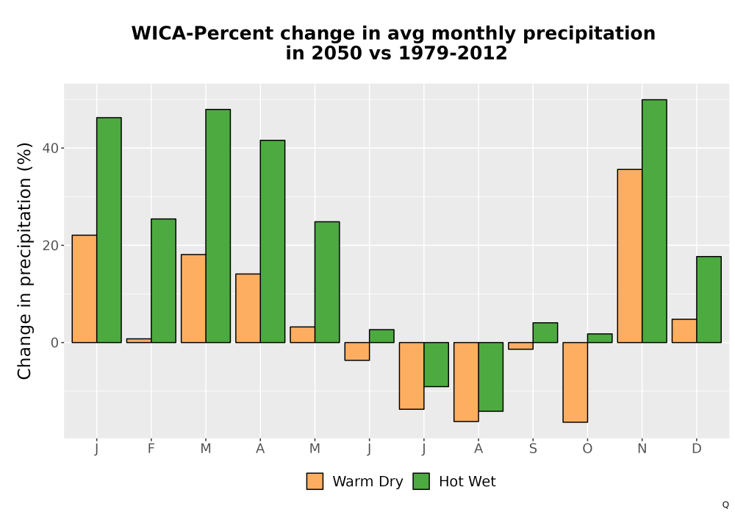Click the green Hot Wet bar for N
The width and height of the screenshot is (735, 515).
(x=654, y=221)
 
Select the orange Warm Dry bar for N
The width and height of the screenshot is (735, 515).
(x=630, y=255)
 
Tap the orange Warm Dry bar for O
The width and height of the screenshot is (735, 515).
(x=576, y=383)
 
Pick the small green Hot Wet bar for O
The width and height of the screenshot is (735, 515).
(x=600, y=338)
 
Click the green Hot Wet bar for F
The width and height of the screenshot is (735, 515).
(x=164, y=280)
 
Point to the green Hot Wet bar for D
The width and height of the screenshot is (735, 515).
(x=709, y=299)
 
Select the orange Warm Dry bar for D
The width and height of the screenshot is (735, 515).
(x=684, y=330)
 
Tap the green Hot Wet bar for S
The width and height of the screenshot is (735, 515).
(x=545, y=333)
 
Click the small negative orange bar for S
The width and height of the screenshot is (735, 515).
(x=521, y=346)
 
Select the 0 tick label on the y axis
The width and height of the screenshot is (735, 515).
(x=55, y=343)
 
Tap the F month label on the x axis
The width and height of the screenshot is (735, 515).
(x=151, y=449)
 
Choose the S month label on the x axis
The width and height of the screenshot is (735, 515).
(x=533, y=449)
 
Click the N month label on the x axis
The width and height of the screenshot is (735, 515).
(x=642, y=449)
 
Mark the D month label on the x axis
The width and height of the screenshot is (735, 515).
(x=697, y=449)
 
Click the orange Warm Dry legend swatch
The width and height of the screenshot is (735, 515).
(x=315, y=481)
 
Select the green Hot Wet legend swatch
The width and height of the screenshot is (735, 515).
(x=421, y=481)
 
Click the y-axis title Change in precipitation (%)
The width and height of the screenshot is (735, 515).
(x=24, y=260)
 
